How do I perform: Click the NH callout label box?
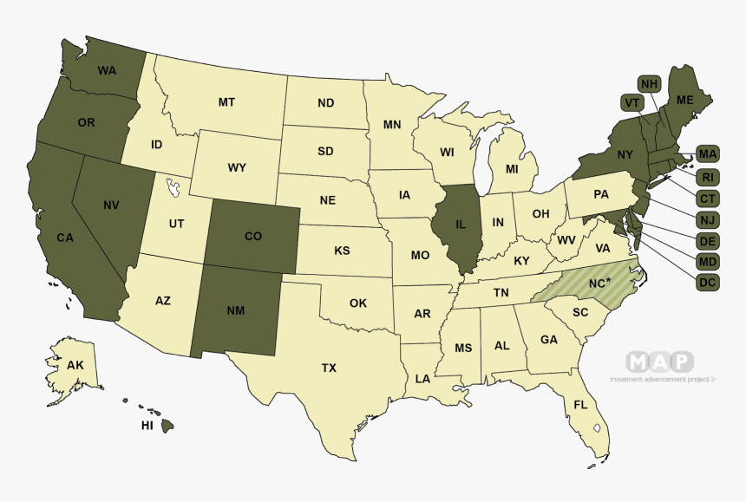coord(649,84)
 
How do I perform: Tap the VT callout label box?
coord(632,103)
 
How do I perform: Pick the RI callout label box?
coord(708,177)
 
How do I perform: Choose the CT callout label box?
coord(708,199)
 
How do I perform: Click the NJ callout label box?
coord(708,219)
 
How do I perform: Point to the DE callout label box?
coord(708,240)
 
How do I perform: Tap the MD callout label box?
coord(708,261)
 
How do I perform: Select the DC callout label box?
coord(708,282)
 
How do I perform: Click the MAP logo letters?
coord(660,362)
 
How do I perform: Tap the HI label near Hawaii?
coord(147,427)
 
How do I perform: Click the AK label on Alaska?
coord(75,365)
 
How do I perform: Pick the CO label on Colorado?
coord(253,236)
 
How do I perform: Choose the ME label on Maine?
coord(685,101)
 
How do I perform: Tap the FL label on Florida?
coord(580,404)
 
